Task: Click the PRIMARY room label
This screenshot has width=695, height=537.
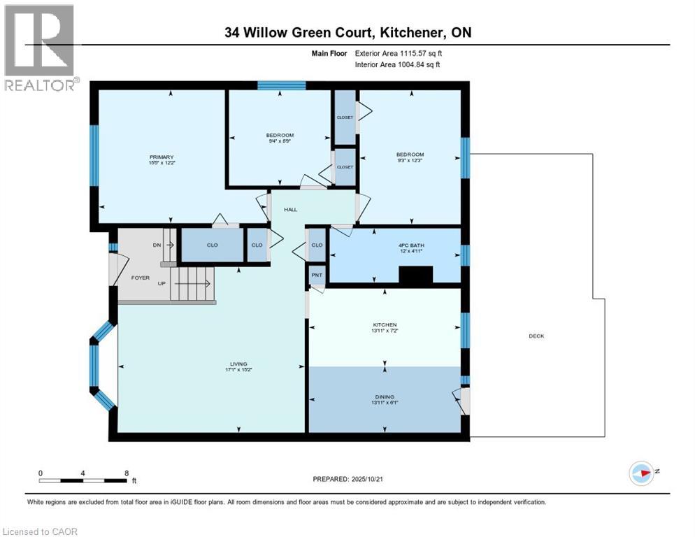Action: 161,157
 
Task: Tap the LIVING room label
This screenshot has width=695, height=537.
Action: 238,364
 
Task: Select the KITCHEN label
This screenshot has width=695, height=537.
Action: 385,324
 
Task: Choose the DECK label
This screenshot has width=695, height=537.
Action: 536,336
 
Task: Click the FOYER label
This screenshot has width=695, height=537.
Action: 141,278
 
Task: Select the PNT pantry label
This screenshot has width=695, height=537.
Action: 317,276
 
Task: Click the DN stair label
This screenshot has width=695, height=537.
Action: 156,245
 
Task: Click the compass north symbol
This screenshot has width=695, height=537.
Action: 641,473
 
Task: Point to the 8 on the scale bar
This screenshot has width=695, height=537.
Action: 126,473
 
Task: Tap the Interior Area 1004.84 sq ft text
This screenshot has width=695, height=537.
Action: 391,65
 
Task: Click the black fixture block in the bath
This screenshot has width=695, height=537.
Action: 415,277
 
